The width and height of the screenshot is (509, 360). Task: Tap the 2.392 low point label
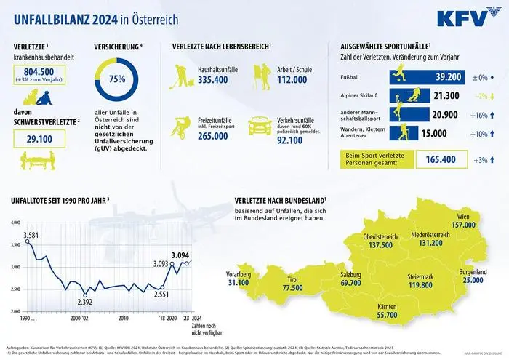[x=85, y=301]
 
